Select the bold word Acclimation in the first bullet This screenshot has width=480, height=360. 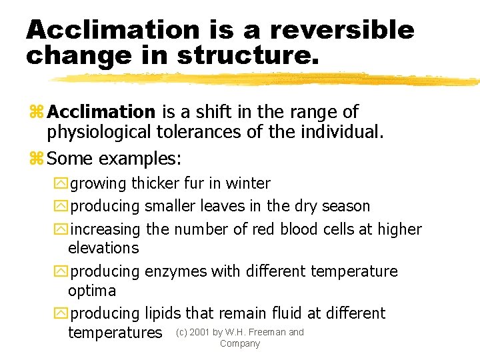101,112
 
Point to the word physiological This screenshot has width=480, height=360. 99,132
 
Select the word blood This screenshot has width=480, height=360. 303,229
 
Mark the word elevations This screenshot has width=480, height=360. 103,248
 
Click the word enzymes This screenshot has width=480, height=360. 175,271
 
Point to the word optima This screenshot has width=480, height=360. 92,291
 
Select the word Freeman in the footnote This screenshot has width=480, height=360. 267,332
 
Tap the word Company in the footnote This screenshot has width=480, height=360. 239,344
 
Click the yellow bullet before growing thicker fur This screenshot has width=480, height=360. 62,184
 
